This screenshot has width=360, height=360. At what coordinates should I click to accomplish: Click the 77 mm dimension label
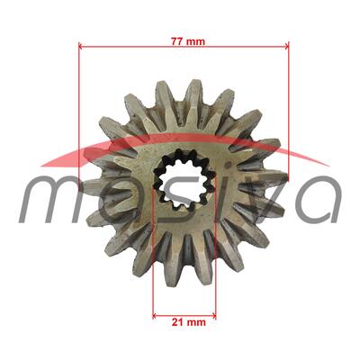pyautogui.click(x=184, y=40)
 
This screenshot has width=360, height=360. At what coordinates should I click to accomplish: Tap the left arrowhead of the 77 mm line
pyautogui.click(x=83, y=46)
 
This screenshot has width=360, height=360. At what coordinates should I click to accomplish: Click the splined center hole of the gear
pyautogui.click(x=184, y=180)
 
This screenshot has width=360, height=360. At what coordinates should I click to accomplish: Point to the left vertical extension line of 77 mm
pyautogui.click(x=79, y=108)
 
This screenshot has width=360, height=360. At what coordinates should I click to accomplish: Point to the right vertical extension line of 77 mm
pyautogui.click(x=289, y=108)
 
